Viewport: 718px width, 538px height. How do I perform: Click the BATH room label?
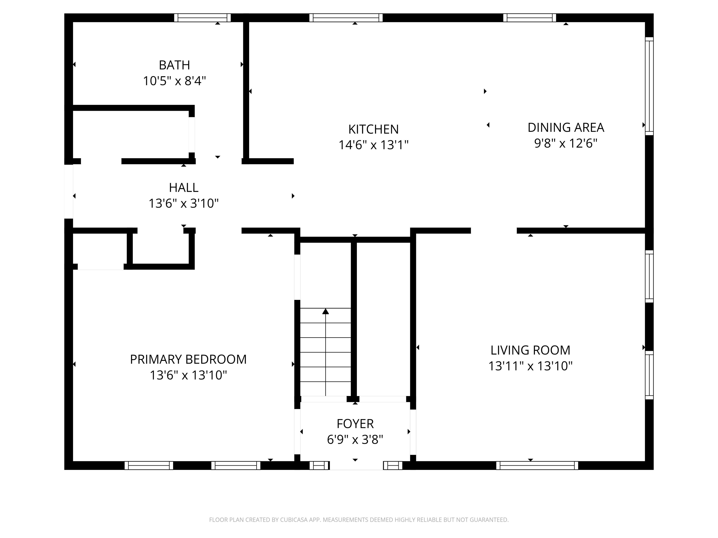tap(174, 65)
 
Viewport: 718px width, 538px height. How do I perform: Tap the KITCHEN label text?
tap(373, 129)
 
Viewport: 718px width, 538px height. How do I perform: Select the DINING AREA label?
tap(566, 127)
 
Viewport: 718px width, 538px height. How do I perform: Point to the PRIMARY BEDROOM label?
tap(188, 359)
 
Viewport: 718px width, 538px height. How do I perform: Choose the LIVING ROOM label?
tap(530, 350)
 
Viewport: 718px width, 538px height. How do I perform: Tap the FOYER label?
tap(355, 424)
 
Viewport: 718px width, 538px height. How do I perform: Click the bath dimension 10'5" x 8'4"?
tap(174, 81)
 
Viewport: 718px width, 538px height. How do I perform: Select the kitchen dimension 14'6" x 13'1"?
tap(373, 145)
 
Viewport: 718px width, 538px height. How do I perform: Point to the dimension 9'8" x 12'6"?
tap(566, 143)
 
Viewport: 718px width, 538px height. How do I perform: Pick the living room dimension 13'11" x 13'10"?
tap(530, 366)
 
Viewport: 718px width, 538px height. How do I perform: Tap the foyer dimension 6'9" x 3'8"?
tap(355, 439)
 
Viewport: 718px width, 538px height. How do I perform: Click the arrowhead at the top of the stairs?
tap(325, 311)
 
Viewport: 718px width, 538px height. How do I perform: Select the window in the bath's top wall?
tap(202, 18)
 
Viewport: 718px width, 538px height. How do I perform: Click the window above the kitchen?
tap(346, 18)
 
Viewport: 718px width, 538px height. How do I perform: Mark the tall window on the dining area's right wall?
tap(649, 86)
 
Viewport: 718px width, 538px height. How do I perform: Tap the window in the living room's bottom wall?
tap(537, 465)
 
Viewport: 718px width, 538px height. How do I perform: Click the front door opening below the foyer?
tap(356, 465)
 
